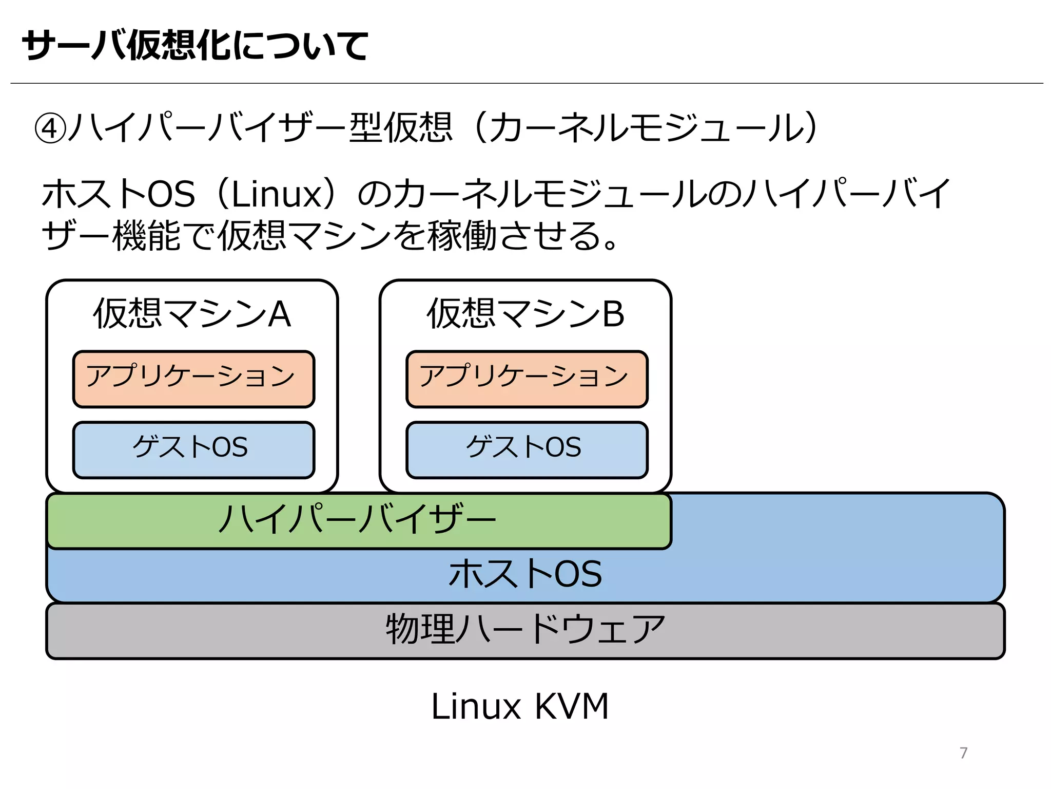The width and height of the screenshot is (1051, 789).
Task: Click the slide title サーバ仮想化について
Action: click(195, 45)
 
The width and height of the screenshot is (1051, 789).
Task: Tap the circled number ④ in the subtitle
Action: click(50, 128)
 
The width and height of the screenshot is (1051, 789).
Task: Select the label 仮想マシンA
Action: click(192, 314)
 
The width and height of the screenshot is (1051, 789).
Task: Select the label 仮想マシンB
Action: click(525, 314)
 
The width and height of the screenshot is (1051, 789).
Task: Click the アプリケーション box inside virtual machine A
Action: click(193, 379)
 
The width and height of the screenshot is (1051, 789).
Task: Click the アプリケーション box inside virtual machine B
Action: click(527, 379)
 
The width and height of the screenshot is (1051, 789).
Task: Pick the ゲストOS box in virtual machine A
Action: click(193, 449)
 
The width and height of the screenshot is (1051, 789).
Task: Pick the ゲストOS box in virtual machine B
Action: click(527, 449)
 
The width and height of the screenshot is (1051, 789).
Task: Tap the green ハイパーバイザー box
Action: click(358, 520)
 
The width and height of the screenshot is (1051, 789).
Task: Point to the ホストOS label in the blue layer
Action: click(525, 574)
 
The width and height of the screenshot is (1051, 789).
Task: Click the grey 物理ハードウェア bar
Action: click(525, 630)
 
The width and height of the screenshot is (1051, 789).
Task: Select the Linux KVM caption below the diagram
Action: click(520, 706)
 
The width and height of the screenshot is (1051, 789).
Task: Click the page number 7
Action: click(963, 753)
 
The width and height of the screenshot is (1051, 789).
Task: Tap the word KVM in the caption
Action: click(571, 706)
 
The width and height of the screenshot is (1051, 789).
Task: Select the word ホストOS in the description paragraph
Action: click(119, 194)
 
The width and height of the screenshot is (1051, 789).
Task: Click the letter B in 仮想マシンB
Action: click(613, 314)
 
